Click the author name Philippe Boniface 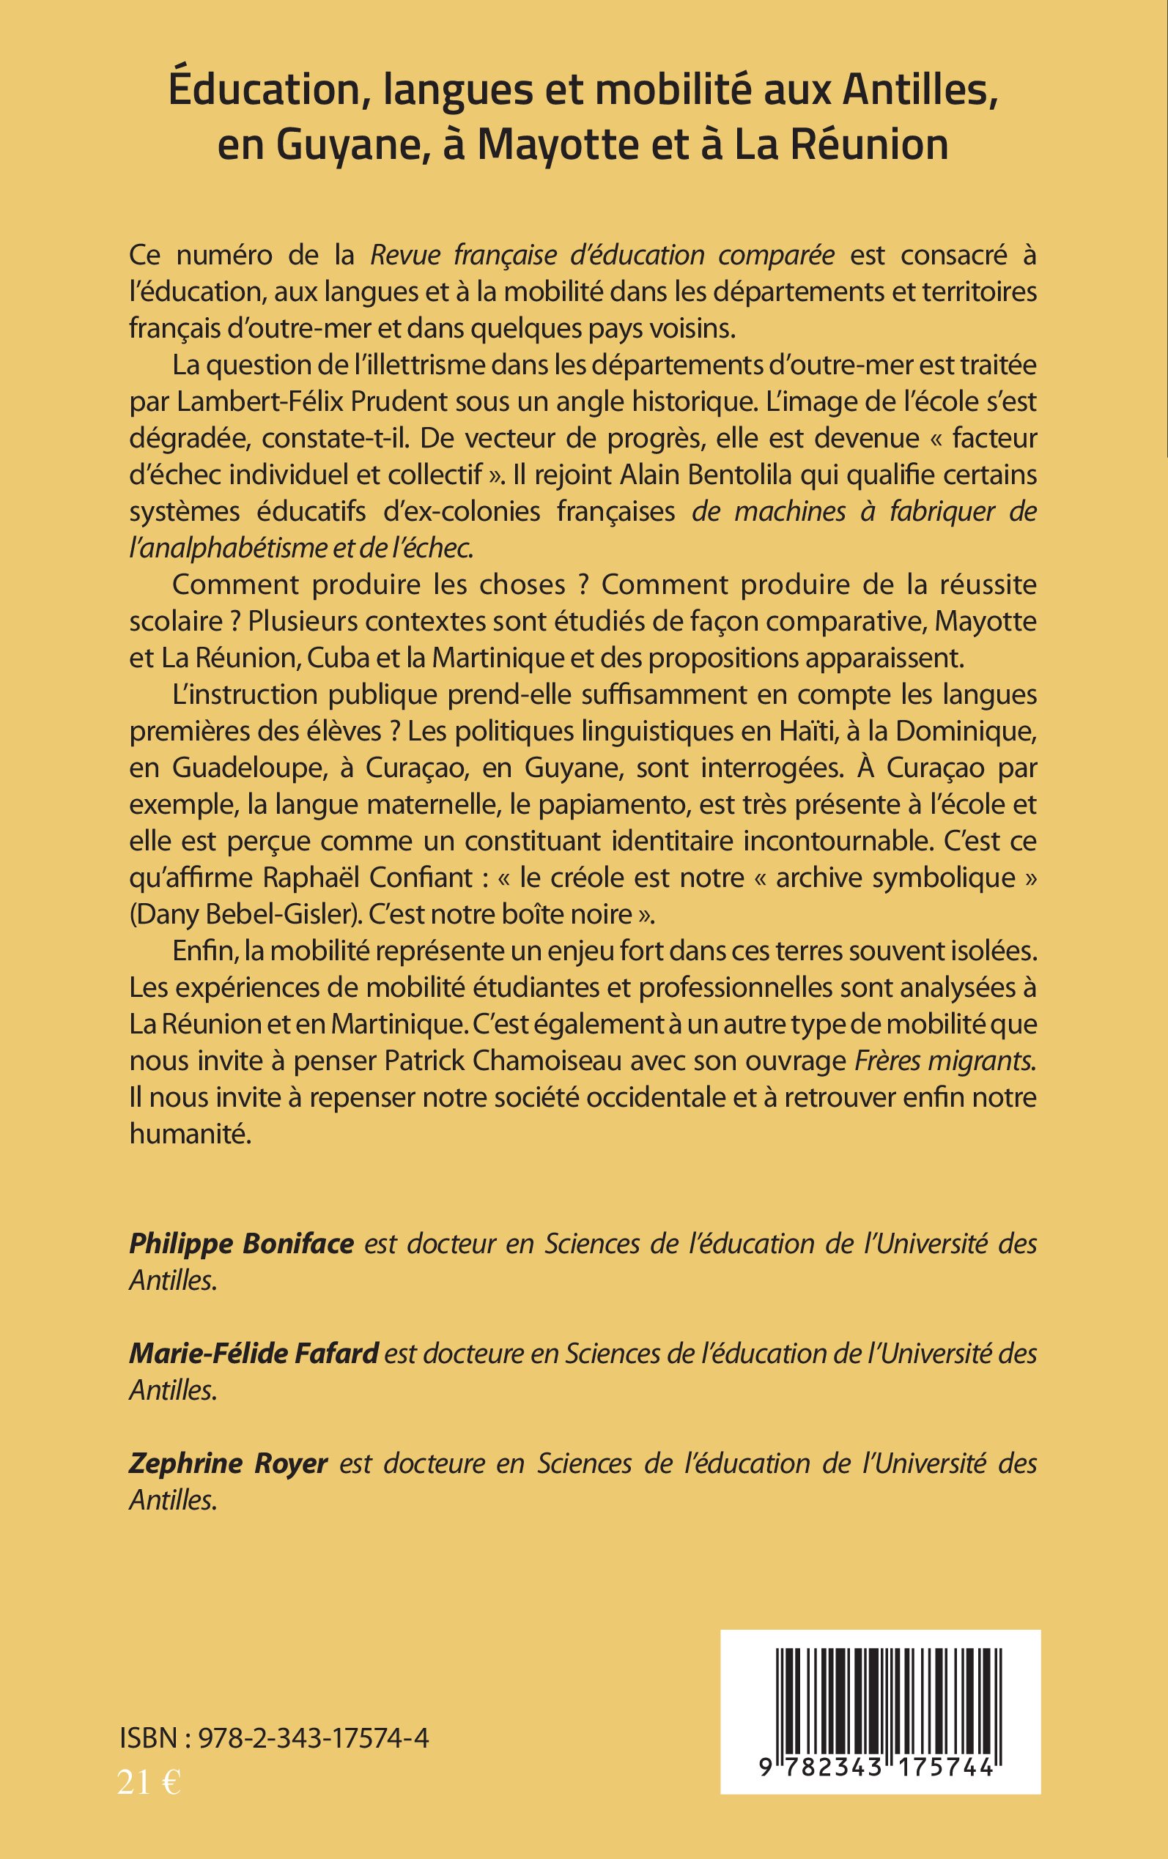point(241,1244)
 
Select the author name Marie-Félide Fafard point(254,1354)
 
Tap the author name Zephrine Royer point(229,1463)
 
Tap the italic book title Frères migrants point(945,1061)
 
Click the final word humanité point(190,1134)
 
